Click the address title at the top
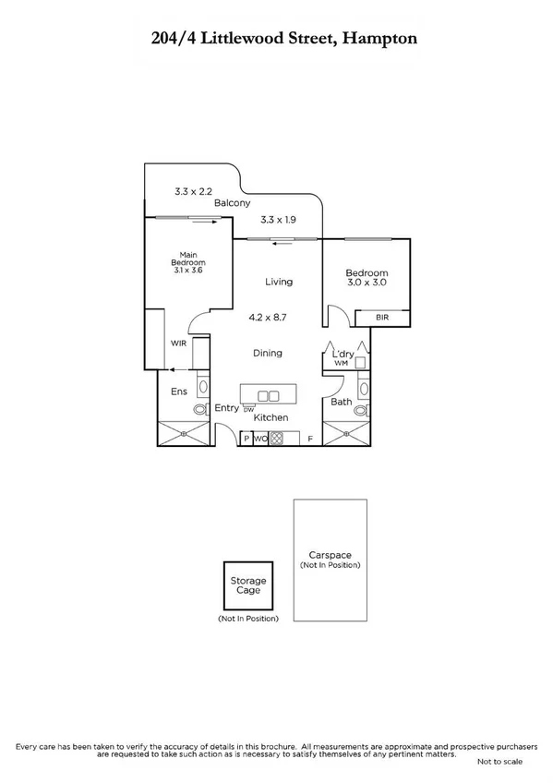(x=276, y=39)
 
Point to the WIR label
(x=179, y=343)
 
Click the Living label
(x=278, y=282)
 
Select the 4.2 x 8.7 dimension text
(x=267, y=317)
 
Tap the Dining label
(x=268, y=353)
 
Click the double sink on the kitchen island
(x=268, y=396)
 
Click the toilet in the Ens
(x=198, y=408)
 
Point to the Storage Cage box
(x=247, y=584)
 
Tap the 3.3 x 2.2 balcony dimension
(x=193, y=192)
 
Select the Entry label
(x=226, y=408)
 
